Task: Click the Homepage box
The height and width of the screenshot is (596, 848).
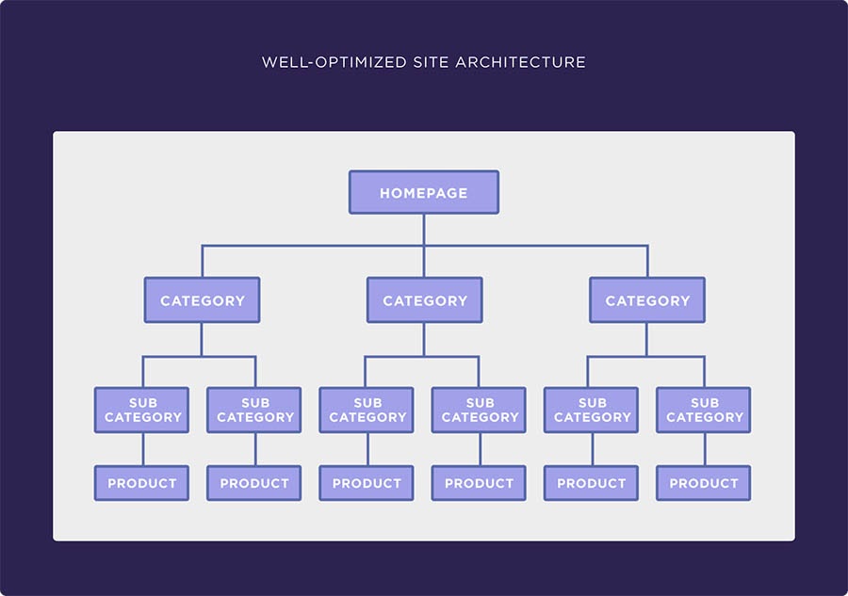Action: pos(424,192)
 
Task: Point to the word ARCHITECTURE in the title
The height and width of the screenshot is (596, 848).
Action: pos(520,62)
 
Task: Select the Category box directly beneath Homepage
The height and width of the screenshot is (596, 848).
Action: pos(425,300)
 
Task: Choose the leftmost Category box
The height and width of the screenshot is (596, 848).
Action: pos(203,300)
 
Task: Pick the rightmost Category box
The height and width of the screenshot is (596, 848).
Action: pos(647,300)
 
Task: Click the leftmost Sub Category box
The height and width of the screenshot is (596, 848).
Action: pos(141,411)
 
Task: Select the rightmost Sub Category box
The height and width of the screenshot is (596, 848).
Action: pos(704,411)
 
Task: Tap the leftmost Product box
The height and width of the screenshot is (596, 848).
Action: pos(141,483)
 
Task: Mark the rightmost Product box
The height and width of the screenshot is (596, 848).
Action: pos(704,483)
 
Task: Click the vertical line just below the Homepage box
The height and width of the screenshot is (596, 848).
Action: pos(424,230)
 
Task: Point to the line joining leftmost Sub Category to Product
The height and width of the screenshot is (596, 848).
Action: pos(143,449)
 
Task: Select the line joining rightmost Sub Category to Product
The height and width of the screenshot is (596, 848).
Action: pos(705,449)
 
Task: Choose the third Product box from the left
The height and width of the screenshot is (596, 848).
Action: pos(367,483)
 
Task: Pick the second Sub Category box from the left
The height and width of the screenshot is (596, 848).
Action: pos(254,411)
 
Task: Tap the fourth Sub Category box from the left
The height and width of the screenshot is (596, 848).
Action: pos(479,411)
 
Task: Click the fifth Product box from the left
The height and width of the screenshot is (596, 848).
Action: pos(591,483)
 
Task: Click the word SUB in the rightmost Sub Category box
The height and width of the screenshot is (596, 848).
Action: pos(705,403)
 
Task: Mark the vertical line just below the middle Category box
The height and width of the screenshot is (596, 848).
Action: pos(424,339)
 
